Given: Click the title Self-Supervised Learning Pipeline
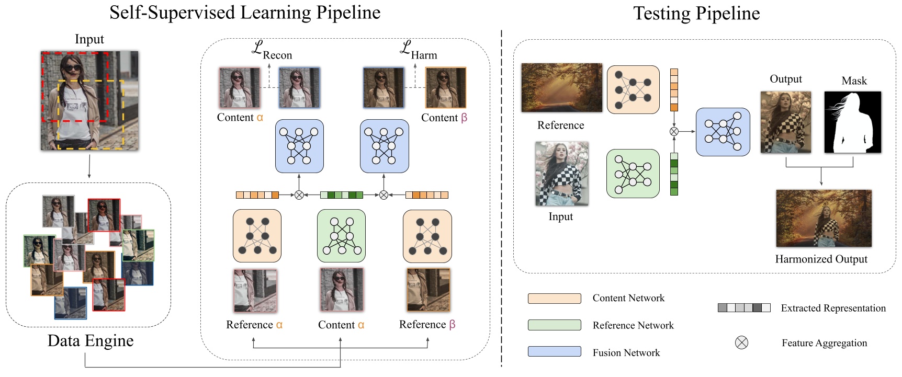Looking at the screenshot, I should pos(245,13).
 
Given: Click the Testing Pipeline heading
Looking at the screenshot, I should pos(696,14).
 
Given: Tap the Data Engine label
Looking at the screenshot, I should pos(91,341).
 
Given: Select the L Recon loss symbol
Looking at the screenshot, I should pos(271,50).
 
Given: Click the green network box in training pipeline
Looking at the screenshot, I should pos(341,236).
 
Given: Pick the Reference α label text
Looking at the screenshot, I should pos(254,325).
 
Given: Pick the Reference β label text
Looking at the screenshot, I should pos(427,325).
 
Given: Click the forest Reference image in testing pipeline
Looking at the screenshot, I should pos(561,88).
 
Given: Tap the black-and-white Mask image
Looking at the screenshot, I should pos(852,122).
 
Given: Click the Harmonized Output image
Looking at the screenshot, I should pos(824,219).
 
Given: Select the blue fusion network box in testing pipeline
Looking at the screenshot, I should pos(723,132).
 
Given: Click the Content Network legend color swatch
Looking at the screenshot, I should pos(554,299).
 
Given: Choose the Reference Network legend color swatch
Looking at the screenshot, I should pos(554,325).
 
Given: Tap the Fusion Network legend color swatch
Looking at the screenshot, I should pos(554,351).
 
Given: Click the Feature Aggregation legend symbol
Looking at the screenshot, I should pos(741,343).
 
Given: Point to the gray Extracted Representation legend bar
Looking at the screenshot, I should pos(743,308).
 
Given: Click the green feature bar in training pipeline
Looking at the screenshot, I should pos(341,195).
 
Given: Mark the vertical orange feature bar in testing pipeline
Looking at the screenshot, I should pos(674,90).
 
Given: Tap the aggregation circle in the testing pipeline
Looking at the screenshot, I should pos(674,132).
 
